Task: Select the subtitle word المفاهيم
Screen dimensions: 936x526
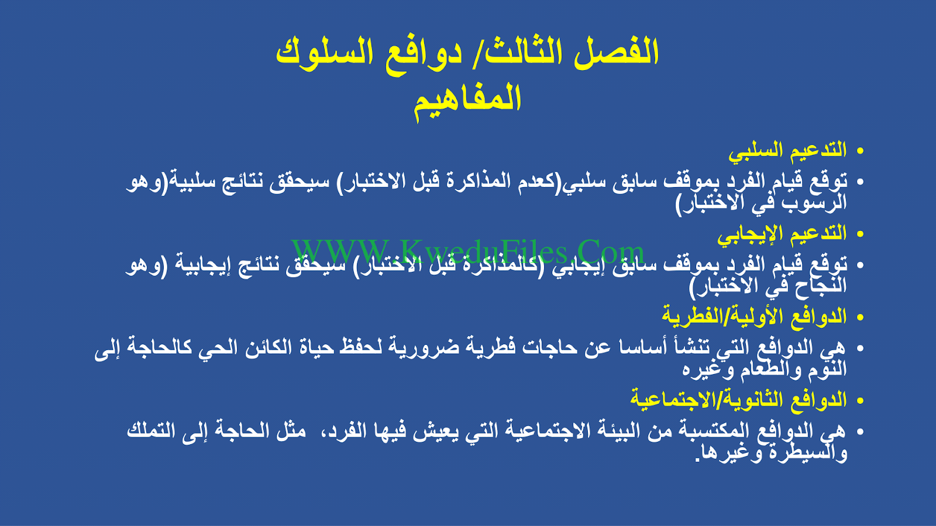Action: [467, 102]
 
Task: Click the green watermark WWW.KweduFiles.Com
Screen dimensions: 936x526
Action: [468, 251]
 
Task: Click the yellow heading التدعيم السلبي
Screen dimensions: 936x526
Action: [787, 151]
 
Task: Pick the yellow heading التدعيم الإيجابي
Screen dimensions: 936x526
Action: [782, 234]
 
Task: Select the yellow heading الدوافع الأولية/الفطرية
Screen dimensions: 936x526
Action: [754, 317]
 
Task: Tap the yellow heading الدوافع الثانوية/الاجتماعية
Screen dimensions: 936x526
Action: [739, 400]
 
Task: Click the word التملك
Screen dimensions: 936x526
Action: [151, 431]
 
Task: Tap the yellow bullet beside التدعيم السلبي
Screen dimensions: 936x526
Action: [859, 151]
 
